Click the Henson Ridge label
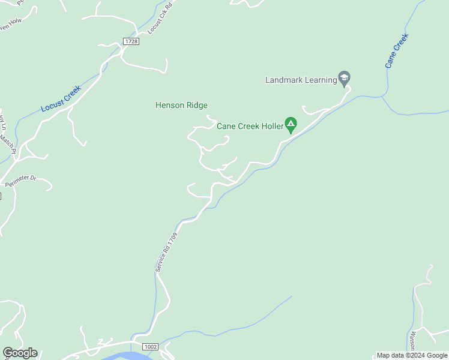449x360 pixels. [x=181, y=106]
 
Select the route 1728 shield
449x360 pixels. [x=130, y=41]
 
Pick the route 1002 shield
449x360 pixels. [x=150, y=347]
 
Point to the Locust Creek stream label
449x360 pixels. [x=61, y=99]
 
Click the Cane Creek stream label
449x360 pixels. [x=397, y=50]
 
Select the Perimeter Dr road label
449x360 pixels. [x=21, y=181]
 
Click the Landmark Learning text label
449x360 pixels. [x=300, y=80]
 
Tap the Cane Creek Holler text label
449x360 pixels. [x=250, y=127]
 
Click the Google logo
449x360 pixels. [x=20, y=353]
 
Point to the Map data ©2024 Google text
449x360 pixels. [x=412, y=355]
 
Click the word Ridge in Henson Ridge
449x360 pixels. [x=196, y=106]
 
